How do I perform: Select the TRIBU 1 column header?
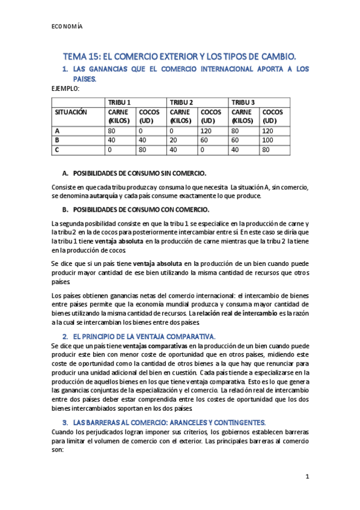pos(120,102)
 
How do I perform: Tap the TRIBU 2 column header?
pos(182,102)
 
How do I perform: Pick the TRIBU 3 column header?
pos(243,102)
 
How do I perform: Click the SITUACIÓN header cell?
pos(71,112)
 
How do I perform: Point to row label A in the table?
pos(57,130)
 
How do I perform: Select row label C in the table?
pos(57,149)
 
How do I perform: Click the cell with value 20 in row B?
pos(173,140)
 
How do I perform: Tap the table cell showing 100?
pos(269,140)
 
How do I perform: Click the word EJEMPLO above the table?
pos(66,88)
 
